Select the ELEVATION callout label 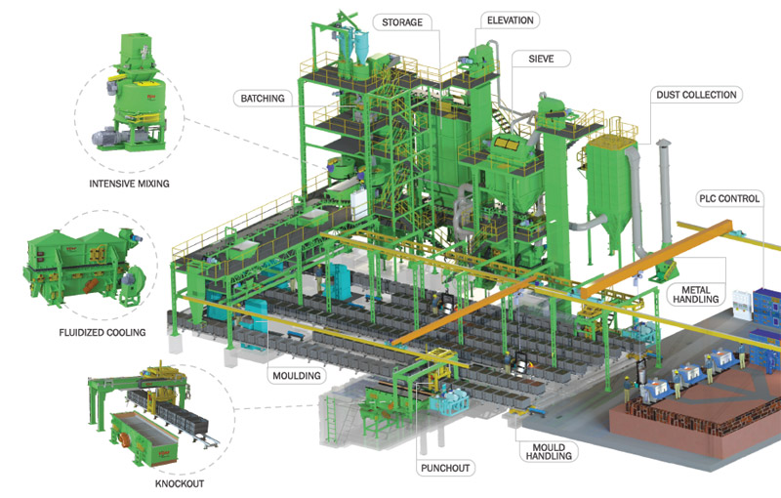[x=511, y=19]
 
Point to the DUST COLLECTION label [x=695, y=95]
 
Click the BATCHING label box [x=261, y=98]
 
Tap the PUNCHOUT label [x=445, y=468]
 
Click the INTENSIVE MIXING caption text [x=130, y=183]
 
